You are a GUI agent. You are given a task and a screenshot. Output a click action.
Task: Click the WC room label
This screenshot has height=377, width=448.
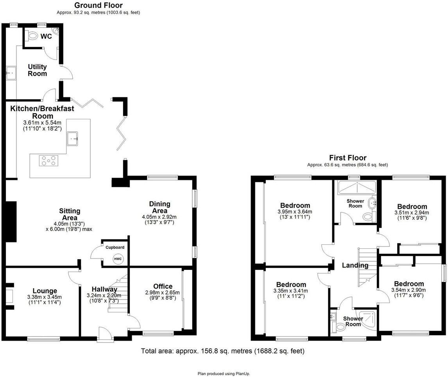(x=47, y=36)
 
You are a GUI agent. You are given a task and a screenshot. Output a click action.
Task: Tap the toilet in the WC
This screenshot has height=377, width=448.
(x=32, y=36)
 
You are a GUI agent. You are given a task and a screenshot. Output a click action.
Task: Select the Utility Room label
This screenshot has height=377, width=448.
(x=37, y=70)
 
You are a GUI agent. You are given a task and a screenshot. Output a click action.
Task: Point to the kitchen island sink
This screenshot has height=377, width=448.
(x=73, y=138)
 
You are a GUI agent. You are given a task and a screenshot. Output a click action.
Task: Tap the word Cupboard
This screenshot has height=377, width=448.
(x=115, y=248)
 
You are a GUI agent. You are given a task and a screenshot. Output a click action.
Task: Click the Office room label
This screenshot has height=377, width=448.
(x=163, y=287)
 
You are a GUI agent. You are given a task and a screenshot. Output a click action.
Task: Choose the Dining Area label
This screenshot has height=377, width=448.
(x=159, y=207)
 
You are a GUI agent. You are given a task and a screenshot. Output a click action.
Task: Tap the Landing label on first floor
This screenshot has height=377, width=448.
(x=355, y=266)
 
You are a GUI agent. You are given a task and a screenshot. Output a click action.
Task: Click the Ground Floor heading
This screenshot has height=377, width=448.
(x=98, y=5)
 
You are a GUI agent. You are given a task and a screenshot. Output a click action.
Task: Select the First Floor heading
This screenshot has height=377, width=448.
(x=348, y=158)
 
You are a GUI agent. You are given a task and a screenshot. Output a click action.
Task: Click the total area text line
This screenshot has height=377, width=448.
(x=222, y=351)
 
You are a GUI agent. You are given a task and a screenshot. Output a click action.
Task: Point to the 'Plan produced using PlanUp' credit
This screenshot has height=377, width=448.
(x=224, y=373)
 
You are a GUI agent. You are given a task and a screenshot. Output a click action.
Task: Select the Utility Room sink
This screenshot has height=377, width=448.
(x=11, y=72)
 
